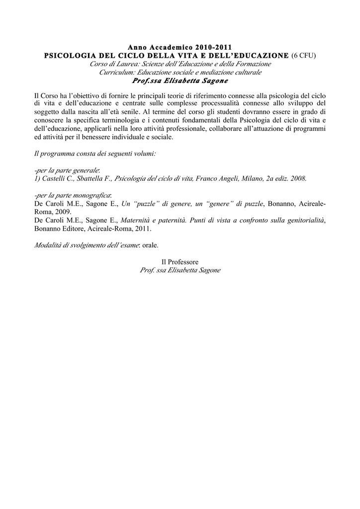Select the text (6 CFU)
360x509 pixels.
click(303, 56)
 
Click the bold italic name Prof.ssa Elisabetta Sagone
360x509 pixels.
click(180, 81)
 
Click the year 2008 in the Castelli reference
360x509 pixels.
click(298, 178)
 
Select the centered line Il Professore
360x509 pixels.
click(180, 262)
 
